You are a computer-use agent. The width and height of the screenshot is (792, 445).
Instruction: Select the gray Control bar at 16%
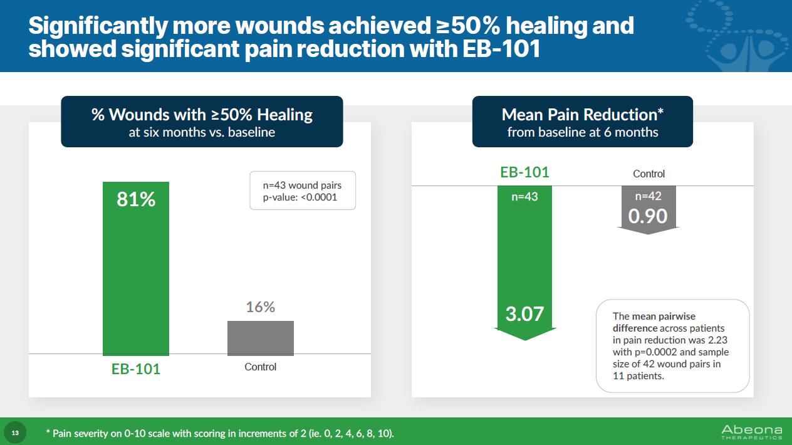pos(260,338)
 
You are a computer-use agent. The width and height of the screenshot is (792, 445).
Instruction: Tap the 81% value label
pos(136,199)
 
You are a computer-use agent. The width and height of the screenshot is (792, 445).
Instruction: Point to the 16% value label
pos(260,307)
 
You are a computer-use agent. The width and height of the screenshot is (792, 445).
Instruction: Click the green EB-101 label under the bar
pos(136,369)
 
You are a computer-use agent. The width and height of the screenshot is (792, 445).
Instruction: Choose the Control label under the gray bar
pos(260,367)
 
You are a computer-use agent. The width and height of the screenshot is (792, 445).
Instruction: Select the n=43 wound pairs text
pos(302,185)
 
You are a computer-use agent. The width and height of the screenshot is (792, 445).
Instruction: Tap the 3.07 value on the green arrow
pos(524,313)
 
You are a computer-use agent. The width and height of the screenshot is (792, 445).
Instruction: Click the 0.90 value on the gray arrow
pos(648,216)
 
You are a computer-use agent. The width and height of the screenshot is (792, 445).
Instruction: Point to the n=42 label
pos(648,196)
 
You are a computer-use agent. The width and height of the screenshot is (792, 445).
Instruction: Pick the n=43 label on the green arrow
pos(524,196)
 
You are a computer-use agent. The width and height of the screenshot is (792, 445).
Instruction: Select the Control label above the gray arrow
pos(649,174)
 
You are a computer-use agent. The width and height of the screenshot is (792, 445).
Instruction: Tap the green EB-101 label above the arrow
pos(524,172)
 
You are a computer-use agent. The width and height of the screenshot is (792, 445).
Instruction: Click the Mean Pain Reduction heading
pos(582,115)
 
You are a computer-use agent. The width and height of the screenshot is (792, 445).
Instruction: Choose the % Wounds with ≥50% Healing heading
pos(202,115)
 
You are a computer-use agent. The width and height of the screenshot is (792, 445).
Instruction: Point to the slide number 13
pos(15,433)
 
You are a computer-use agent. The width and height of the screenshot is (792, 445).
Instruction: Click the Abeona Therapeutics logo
pos(751,432)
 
